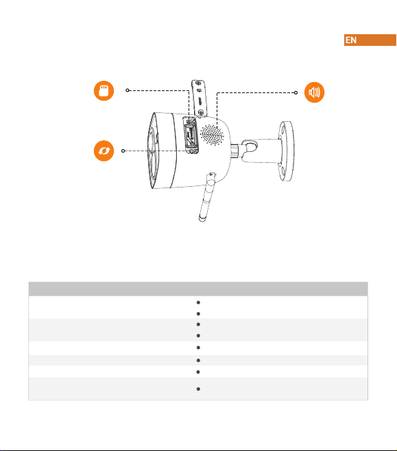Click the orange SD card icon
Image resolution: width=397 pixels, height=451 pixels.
pyautogui.click(x=104, y=91)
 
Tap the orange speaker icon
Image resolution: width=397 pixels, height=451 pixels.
pyautogui.click(x=314, y=92)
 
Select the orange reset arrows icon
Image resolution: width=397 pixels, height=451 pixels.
pyautogui.click(x=104, y=151)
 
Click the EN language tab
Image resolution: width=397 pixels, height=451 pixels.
pyautogui.click(x=370, y=40)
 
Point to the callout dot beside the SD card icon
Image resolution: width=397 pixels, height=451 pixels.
pyautogui.click(x=128, y=90)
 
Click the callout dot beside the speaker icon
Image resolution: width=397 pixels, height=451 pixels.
pyautogui.click(x=296, y=92)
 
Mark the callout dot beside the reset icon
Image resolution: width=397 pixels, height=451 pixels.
pyautogui.click(x=123, y=151)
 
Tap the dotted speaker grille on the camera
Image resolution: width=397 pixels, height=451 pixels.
pyautogui.click(x=212, y=135)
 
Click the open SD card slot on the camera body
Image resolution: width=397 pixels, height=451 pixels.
pyautogui.click(x=191, y=136)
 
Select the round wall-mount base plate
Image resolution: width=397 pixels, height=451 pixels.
pyautogui.click(x=286, y=151)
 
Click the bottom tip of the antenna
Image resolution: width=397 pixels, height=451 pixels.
pyautogui.click(x=202, y=220)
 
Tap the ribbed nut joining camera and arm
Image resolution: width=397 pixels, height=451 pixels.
pyautogui.click(x=234, y=151)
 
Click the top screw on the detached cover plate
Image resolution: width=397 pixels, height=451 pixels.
pyautogui.click(x=198, y=83)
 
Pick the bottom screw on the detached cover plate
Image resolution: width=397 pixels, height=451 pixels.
pyautogui.click(x=202, y=112)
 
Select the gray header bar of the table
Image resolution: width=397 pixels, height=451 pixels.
pyautogui.click(x=198, y=289)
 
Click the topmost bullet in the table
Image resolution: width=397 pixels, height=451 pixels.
pyautogui.click(x=198, y=302)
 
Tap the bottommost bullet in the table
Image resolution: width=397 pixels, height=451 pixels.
pyautogui.click(x=198, y=389)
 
